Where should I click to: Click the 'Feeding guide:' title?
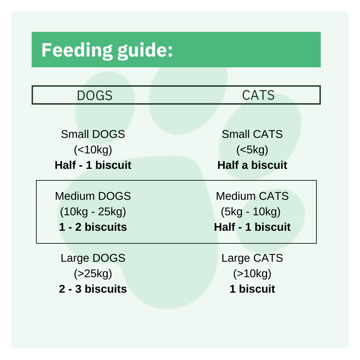tap(107, 50)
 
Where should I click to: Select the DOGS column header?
tap(95, 96)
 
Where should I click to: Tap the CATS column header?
tap(258, 95)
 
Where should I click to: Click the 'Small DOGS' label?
tap(93, 134)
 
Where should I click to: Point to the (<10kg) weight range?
tap(93, 150)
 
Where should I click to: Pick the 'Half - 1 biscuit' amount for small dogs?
tap(93, 165)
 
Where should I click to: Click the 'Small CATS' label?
tap(252, 134)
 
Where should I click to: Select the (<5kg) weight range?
tap(252, 150)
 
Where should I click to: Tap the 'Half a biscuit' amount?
tap(252, 165)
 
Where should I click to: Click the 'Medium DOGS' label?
tap(93, 196)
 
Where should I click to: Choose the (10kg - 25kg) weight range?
tap(93, 212)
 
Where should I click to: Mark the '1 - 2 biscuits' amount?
tap(93, 227)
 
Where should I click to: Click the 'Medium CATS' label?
tap(252, 196)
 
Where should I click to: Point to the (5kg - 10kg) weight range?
tap(251, 212)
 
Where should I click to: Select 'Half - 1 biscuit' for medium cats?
tap(252, 227)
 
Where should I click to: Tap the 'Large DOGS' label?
tap(93, 258)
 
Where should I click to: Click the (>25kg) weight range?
tap(93, 274)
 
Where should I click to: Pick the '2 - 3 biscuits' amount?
tap(93, 289)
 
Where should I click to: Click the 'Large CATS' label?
tap(252, 258)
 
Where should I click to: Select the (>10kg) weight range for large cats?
tap(252, 274)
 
